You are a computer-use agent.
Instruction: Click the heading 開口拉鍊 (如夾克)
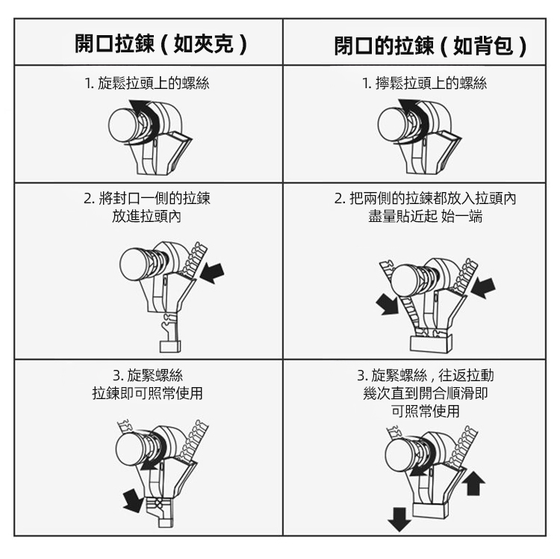click(x=161, y=44)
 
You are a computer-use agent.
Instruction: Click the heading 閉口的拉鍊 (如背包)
click(x=430, y=46)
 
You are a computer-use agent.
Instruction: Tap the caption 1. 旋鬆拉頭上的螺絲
click(x=147, y=83)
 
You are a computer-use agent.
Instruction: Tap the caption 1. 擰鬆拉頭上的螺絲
click(x=424, y=83)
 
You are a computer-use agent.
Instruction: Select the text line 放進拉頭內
click(x=146, y=216)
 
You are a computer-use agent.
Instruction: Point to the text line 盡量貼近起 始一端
click(x=426, y=216)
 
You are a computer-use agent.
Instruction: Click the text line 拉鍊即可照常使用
click(x=148, y=393)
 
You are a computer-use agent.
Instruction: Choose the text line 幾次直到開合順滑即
click(x=426, y=393)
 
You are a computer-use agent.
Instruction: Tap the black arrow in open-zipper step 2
click(x=212, y=273)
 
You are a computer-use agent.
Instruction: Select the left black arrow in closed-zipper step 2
click(x=387, y=304)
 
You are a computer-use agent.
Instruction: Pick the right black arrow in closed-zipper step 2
click(x=483, y=288)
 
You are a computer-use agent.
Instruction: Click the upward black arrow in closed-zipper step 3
click(x=473, y=483)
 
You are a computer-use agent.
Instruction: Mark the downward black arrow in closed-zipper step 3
click(x=399, y=519)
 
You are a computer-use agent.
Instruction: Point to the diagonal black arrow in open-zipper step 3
click(x=133, y=501)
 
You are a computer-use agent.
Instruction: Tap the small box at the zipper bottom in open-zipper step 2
click(x=170, y=346)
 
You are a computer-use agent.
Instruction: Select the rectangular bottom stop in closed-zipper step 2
click(x=431, y=344)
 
